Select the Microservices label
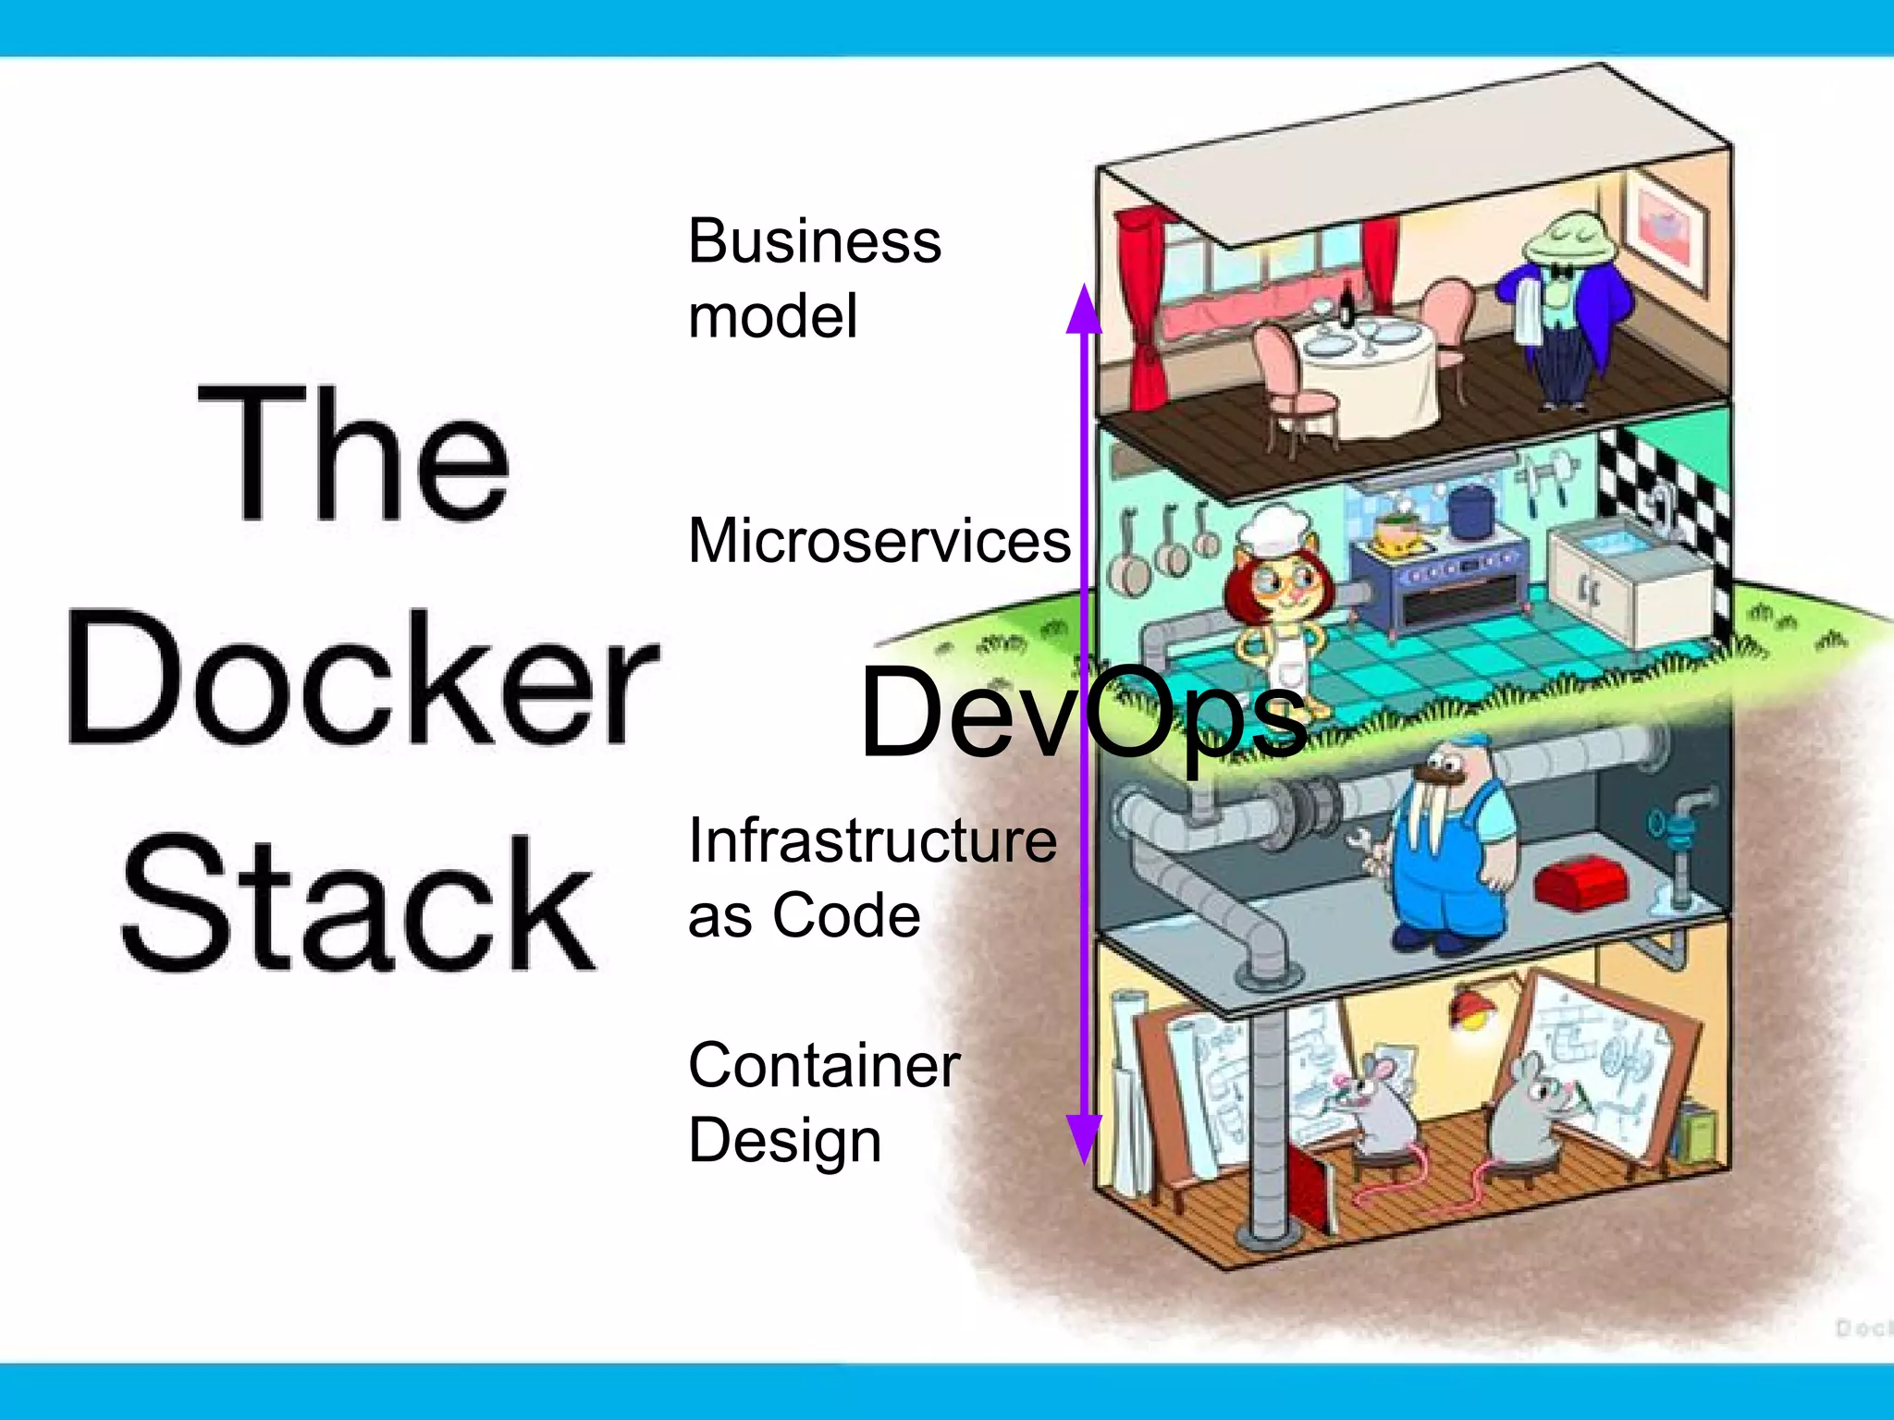pos(879,541)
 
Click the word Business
pos(814,242)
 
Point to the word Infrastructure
pos(872,841)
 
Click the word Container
pos(824,1066)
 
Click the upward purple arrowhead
pos(1084,310)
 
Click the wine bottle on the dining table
pos(1347,305)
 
